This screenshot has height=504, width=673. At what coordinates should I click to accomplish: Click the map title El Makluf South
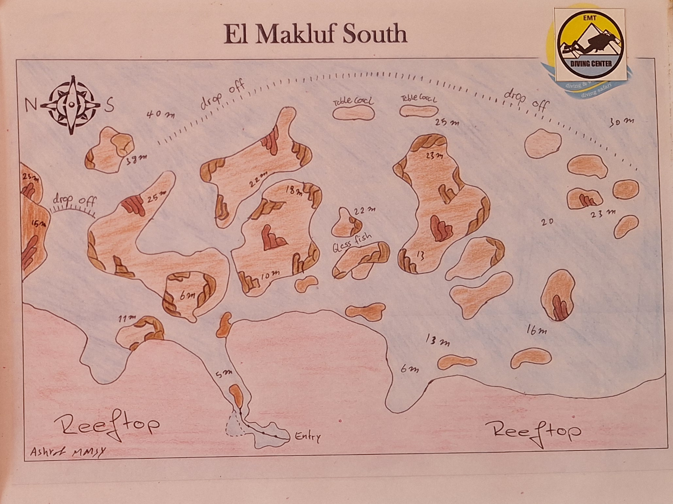click(x=315, y=34)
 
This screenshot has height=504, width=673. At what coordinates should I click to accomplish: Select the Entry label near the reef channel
click(x=307, y=437)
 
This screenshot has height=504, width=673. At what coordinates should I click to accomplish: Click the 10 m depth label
click(x=270, y=275)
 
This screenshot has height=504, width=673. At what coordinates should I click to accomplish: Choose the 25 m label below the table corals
click(x=446, y=123)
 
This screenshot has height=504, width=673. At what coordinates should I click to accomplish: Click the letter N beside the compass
click(x=31, y=104)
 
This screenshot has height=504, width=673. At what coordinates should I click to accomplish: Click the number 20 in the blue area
click(x=547, y=222)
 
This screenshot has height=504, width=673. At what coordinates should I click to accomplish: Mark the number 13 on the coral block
click(x=420, y=256)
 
